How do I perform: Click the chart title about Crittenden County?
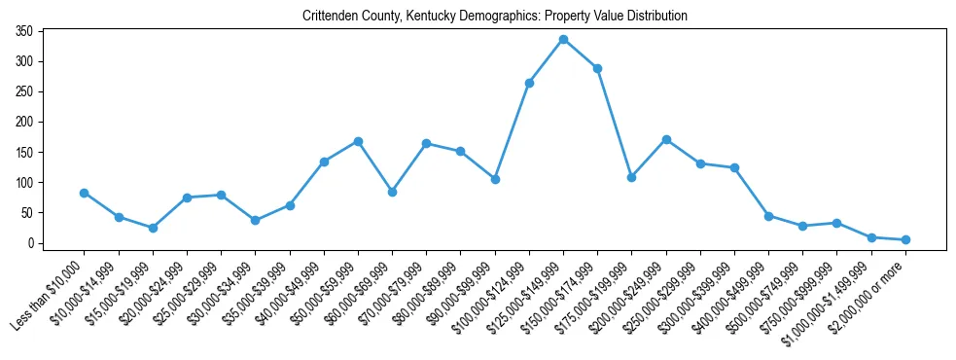[x=495, y=16]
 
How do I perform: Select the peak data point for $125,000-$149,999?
[x=563, y=39]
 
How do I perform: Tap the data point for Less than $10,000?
[x=85, y=193]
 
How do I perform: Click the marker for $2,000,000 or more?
[x=905, y=239]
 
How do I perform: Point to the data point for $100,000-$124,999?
[x=529, y=83]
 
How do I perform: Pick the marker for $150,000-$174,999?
[x=597, y=68]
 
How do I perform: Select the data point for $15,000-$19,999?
[x=153, y=228]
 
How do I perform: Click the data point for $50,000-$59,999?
[x=358, y=141]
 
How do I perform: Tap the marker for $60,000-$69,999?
[x=392, y=192]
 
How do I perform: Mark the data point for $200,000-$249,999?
[x=666, y=139]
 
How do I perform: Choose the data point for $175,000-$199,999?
[x=631, y=177]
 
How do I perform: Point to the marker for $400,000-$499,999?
[x=768, y=216]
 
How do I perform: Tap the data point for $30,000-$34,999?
[x=255, y=220]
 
